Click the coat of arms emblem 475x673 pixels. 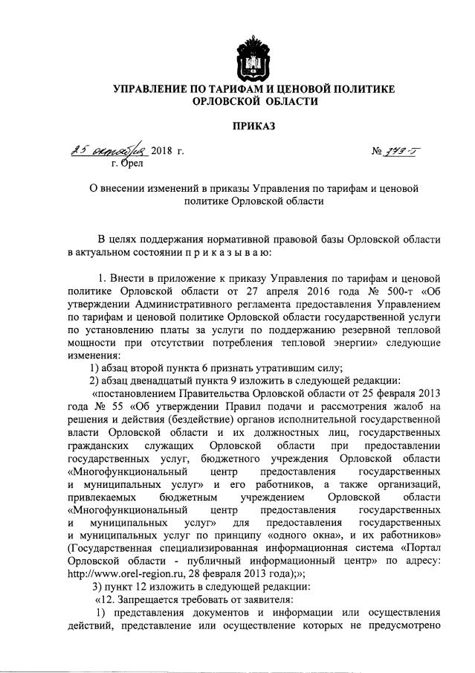253,54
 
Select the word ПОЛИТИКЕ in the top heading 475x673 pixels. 361,89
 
